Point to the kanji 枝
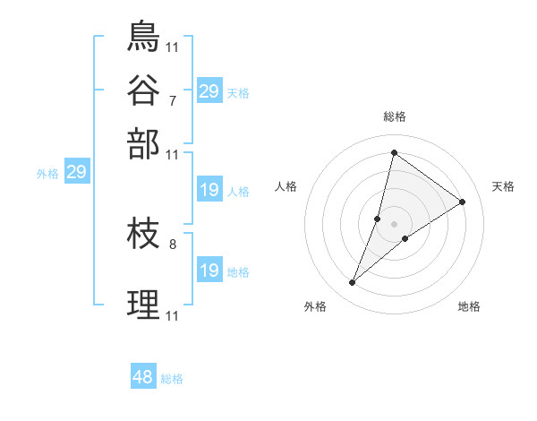(143, 236)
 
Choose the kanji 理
(143, 305)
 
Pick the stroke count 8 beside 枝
(172, 243)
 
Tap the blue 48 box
(142, 377)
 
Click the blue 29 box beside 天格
(209, 91)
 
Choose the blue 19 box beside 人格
(209, 190)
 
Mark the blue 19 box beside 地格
(209, 271)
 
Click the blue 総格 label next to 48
(172, 379)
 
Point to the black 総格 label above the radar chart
(394, 116)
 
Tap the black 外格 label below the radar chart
(315, 306)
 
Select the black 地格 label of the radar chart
(469, 306)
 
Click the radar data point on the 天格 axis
(462, 202)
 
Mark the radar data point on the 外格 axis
(352, 283)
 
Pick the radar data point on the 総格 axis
(394, 152)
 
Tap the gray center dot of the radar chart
(394, 223)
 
